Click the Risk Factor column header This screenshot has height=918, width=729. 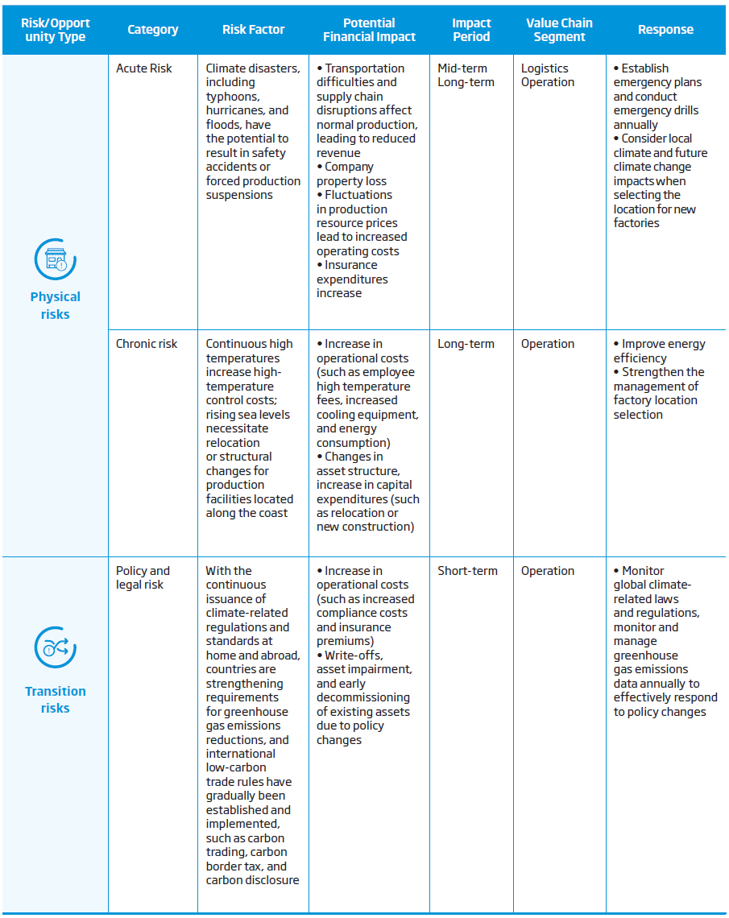click(253, 30)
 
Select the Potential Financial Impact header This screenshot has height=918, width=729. click(369, 30)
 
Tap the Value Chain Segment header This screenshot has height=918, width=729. click(559, 30)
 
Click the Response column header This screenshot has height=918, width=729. click(665, 30)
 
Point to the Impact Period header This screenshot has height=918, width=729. click(471, 30)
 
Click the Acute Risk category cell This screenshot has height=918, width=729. click(144, 68)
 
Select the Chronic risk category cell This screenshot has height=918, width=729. click(147, 344)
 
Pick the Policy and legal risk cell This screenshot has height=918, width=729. click(143, 577)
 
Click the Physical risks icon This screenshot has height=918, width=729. click(55, 259)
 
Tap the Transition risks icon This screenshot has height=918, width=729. click(55, 647)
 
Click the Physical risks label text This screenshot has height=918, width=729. click(55, 305)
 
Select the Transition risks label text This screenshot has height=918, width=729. click(55, 700)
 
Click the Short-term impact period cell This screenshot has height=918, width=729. click(467, 571)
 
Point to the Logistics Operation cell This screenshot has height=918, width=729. click(547, 75)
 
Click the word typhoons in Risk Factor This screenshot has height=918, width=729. click(230, 97)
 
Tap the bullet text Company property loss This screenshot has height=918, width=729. click(351, 174)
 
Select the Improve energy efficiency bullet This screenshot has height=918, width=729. click(659, 350)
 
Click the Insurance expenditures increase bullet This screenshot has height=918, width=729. click(352, 279)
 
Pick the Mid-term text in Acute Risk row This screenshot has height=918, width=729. click(462, 68)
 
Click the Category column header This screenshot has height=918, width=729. click(152, 30)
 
